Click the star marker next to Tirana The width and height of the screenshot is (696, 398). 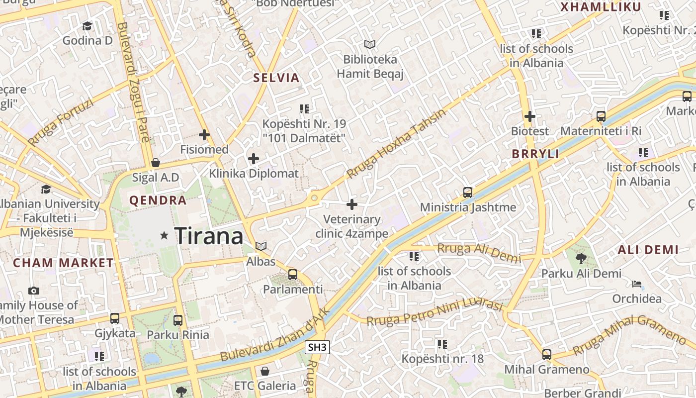(x=164, y=235)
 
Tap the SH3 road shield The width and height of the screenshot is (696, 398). (x=317, y=347)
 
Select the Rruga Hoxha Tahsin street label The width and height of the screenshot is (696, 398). (x=396, y=144)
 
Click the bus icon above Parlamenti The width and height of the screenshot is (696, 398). (x=293, y=274)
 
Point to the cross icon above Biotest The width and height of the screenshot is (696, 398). (x=530, y=116)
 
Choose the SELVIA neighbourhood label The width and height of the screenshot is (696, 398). (x=276, y=78)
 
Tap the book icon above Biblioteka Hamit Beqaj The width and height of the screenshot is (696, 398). (x=369, y=45)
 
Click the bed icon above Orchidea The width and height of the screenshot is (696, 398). (x=637, y=284)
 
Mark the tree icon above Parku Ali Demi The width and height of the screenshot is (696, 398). (x=581, y=258)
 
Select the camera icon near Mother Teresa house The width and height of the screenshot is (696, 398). (x=34, y=291)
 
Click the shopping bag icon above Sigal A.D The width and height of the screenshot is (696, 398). (x=156, y=163)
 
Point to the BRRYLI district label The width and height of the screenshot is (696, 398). (x=536, y=154)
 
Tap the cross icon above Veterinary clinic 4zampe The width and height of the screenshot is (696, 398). (x=352, y=204)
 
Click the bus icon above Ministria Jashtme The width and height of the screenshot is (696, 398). (x=468, y=192)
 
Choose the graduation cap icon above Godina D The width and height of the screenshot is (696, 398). (x=87, y=26)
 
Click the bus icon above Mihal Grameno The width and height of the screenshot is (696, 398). (x=547, y=355)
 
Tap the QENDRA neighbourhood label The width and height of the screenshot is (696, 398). (x=158, y=200)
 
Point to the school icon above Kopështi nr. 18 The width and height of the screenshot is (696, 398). (x=442, y=344)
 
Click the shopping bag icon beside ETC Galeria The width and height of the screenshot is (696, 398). (x=265, y=371)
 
